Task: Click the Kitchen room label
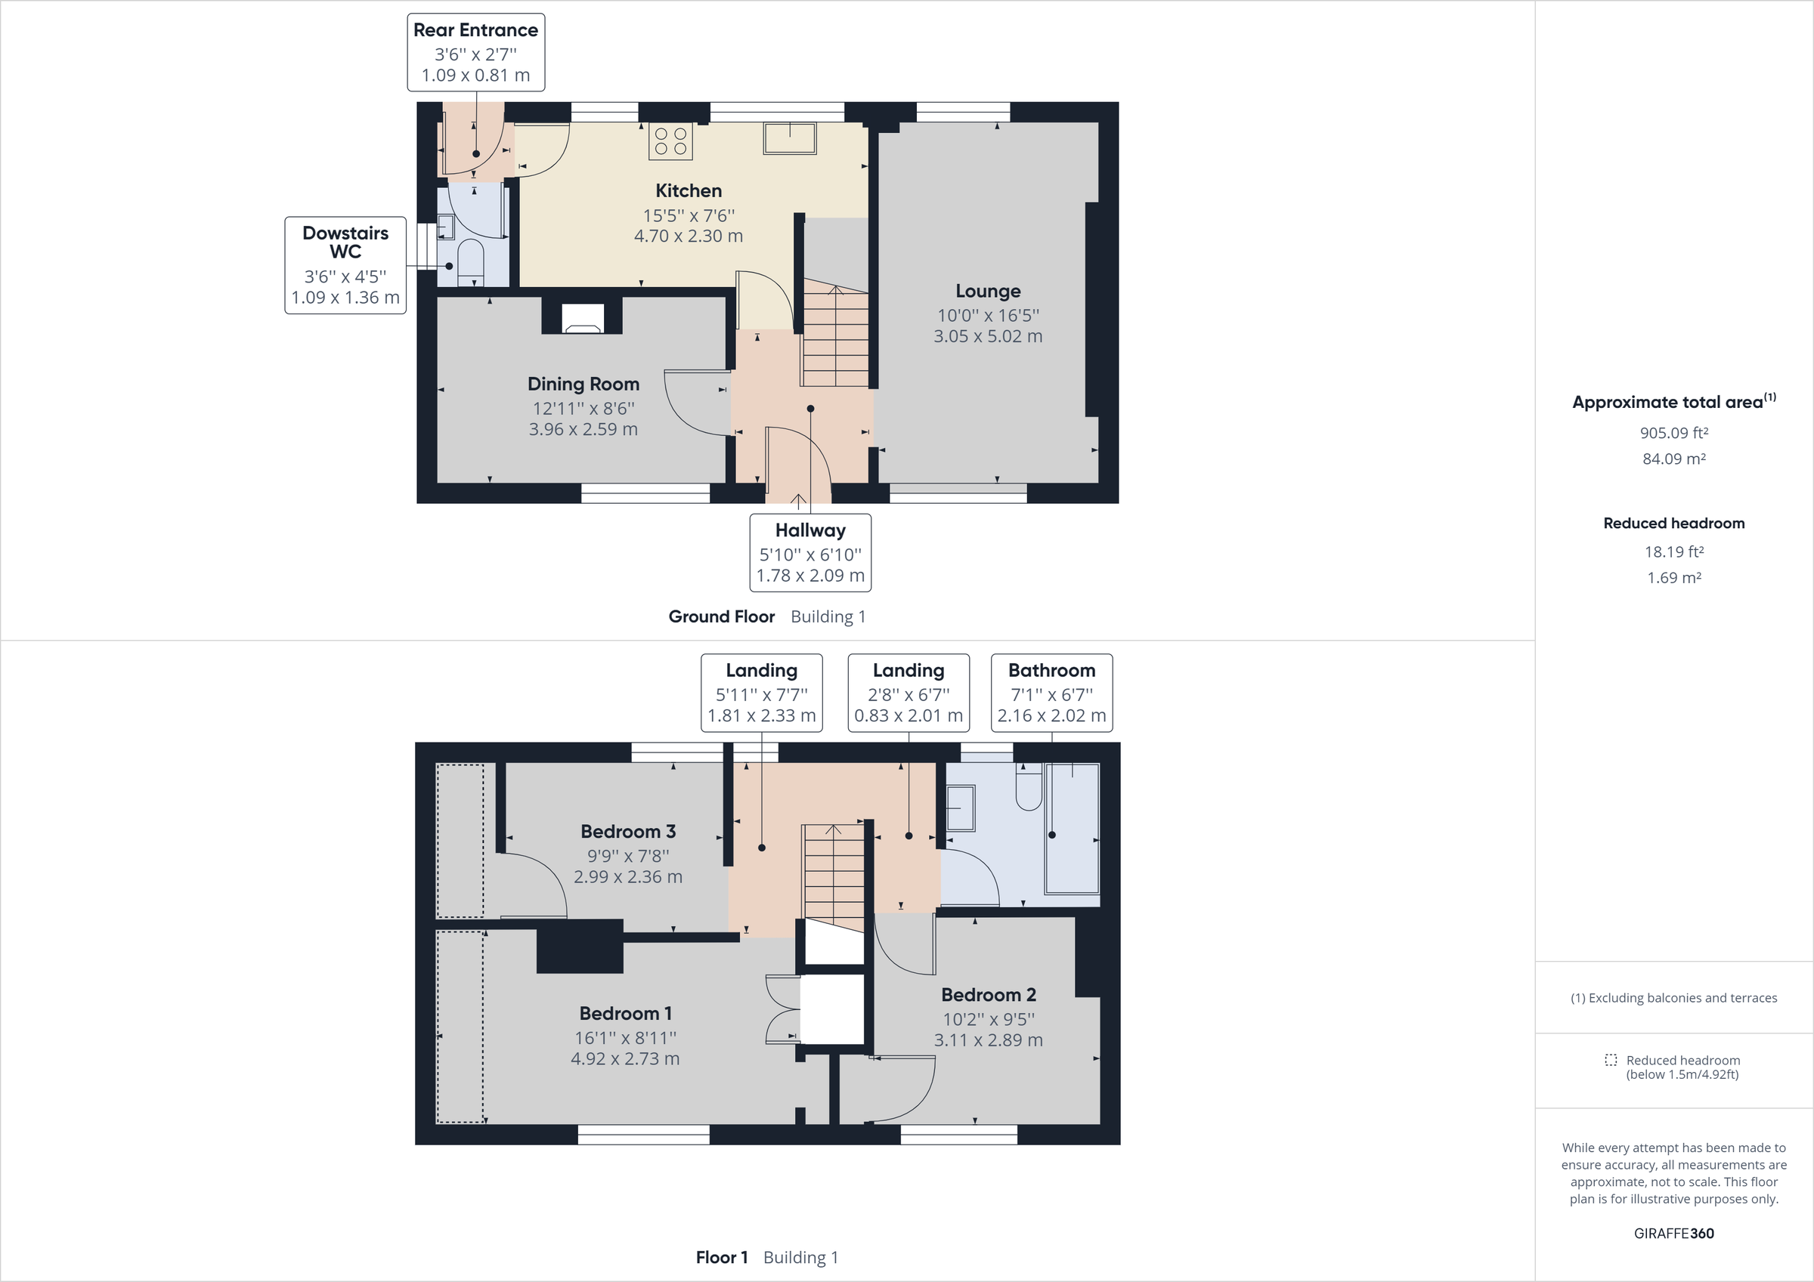tap(688, 190)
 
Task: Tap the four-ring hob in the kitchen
tap(670, 141)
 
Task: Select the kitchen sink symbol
tap(789, 138)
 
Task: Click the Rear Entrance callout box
tap(475, 52)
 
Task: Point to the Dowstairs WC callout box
tap(345, 265)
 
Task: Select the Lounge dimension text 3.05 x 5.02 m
tap(988, 336)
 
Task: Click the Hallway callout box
tap(809, 553)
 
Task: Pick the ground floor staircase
tap(836, 340)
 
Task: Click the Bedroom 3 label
tap(628, 831)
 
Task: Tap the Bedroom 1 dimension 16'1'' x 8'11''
tap(625, 1038)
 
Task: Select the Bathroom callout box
tap(1051, 693)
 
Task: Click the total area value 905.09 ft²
tap(1673, 433)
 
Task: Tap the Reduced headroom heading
tap(1673, 523)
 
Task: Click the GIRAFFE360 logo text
tap(1673, 1233)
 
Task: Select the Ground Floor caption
tap(721, 617)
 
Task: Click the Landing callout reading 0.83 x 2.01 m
tap(909, 693)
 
